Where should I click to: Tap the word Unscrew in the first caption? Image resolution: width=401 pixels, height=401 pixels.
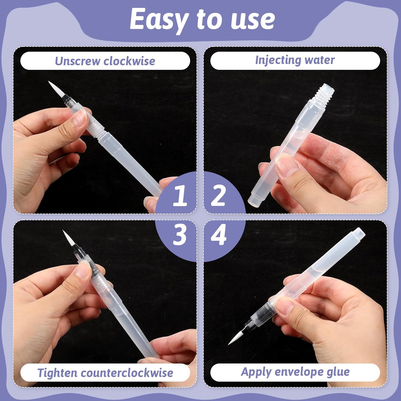[x=78, y=61]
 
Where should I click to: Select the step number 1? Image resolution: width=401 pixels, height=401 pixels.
[x=180, y=196]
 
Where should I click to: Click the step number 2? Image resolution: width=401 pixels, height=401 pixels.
[x=218, y=196]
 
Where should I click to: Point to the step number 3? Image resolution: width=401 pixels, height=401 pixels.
[x=179, y=234]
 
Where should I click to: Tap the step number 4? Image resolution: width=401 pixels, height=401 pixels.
[x=219, y=234]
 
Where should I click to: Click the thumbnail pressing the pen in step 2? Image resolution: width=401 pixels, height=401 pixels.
[x=287, y=165]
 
